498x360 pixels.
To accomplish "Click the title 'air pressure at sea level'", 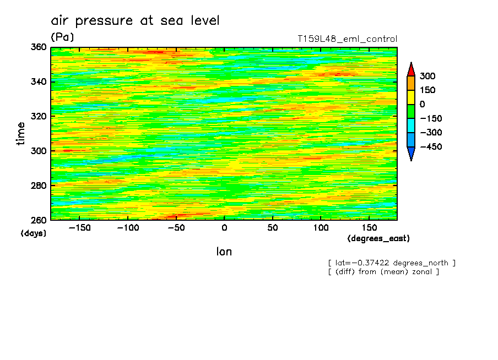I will tap(135, 21).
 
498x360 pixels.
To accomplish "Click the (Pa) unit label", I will tap(62, 37).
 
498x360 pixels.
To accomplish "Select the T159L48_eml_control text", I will tap(347, 39).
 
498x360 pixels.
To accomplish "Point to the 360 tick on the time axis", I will tap(39, 47).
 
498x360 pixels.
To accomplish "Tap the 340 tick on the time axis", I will tap(39, 82).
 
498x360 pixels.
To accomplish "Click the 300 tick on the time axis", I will tap(39, 151).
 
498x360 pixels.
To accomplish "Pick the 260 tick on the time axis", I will tap(39, 220).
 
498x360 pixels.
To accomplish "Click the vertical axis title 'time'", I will tap(21, 134).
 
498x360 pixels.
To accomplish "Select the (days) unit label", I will tap(34, 233).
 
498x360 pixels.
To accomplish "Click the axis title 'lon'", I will tap(224, 252).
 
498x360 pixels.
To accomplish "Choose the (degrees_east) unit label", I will tap(378, 239).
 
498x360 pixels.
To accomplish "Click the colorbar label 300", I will tap(427, 76).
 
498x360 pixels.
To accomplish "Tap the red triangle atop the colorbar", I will tap(411, 69).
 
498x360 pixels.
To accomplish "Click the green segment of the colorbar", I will tap(411, 111).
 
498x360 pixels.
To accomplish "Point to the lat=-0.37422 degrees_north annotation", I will tap(392, 263).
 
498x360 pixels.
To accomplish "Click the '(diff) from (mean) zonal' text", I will tap(383, 272).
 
